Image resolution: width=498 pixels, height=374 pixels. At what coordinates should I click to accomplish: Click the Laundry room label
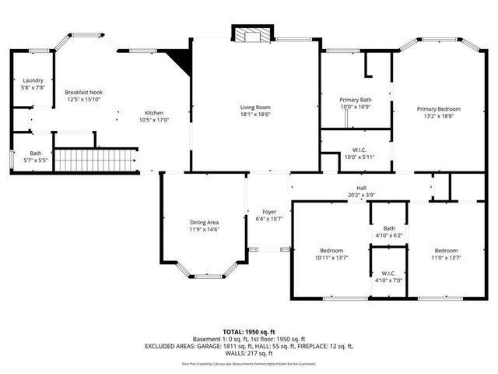[33, 80]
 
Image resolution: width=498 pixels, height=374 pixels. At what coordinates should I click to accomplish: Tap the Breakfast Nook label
[84, 92]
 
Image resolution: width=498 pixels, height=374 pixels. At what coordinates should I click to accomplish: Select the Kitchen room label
[154, 113]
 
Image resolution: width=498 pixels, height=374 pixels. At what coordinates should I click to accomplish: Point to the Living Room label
[254, 107]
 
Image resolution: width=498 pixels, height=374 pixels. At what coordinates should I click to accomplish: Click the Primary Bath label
[355, 100]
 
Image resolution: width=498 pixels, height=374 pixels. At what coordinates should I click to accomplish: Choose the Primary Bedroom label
[438, 109]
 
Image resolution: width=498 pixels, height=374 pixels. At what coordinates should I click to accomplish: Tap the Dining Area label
[205, 222]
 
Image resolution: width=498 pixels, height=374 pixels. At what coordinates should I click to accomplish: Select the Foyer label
[269, 212]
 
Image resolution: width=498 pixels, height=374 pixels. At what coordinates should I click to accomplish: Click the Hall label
[362, 189]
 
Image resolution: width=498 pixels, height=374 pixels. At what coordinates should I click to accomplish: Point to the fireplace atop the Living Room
[251, 34]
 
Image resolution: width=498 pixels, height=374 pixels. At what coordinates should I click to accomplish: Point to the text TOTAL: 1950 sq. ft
[249, 332]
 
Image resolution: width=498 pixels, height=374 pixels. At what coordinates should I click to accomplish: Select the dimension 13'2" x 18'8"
[438, 117]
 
